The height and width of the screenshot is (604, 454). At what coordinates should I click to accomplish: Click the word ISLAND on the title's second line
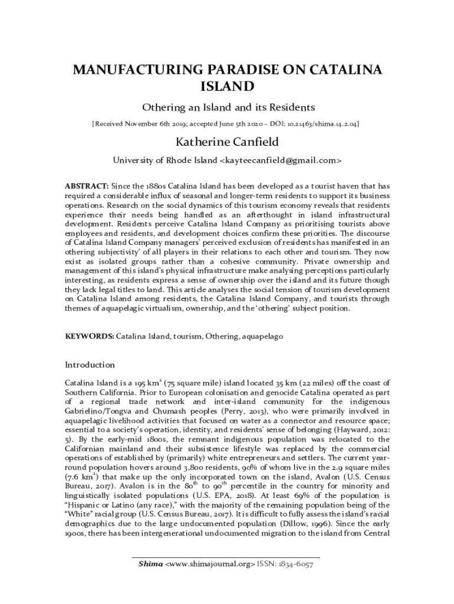(227, 87)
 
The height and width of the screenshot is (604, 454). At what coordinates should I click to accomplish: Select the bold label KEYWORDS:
(89, 336)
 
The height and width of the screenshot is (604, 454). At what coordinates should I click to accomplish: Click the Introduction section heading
(90, 365)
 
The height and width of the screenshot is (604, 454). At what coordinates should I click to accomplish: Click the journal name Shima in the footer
(150, 564)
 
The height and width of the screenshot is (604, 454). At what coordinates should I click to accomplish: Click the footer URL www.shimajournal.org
(210, 564)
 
